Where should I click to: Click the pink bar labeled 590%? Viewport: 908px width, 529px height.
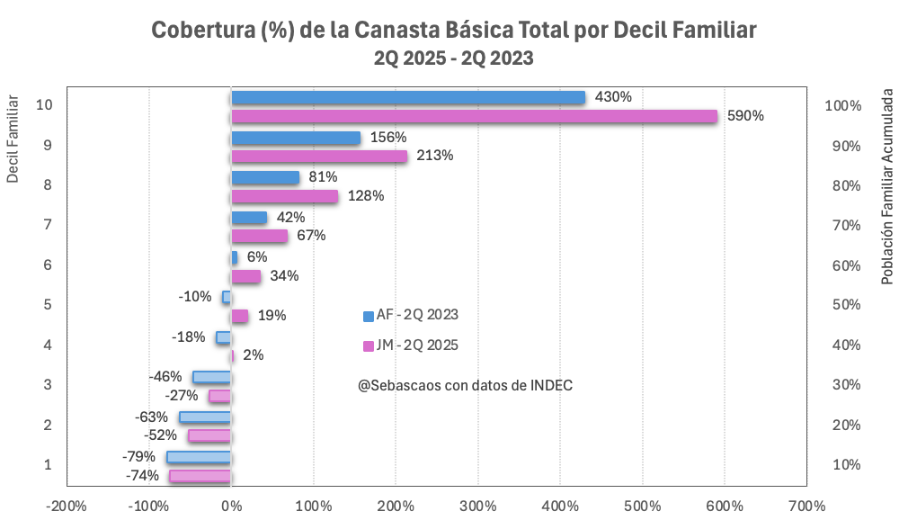[474, 116]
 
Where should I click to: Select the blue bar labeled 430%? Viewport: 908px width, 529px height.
[408, 97]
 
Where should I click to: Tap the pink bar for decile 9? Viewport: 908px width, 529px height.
[319, 156]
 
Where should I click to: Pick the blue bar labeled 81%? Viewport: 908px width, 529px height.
[265, 177]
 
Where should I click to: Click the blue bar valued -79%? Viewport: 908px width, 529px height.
[199, 457]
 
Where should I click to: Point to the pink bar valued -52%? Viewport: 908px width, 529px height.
[209, 435]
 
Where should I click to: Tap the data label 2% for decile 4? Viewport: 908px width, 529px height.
[253, 355]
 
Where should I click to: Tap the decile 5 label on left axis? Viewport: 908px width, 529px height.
[47, 305]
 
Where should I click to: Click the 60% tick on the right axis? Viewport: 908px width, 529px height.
[841, 265]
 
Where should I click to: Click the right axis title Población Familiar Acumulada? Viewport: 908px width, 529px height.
[887, 186]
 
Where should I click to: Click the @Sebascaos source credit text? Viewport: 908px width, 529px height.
[465, 385]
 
